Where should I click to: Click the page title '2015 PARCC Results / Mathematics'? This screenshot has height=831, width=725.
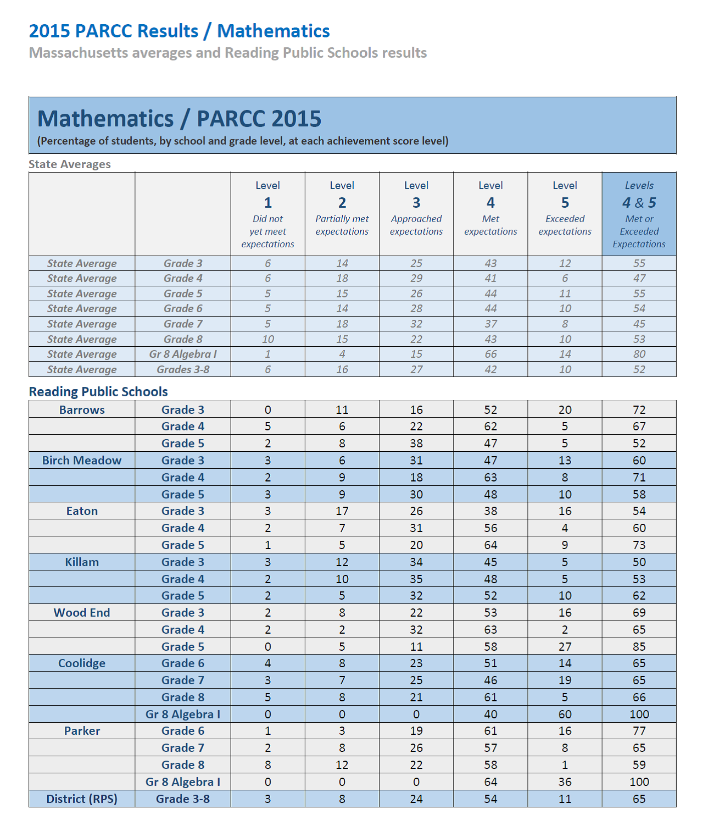(x=179, y=31)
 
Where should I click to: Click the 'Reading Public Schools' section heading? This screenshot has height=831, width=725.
(x=98, y=392)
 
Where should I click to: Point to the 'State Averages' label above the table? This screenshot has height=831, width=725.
(x=70, y=164)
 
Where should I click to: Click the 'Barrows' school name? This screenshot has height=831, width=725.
(x=82, y=410)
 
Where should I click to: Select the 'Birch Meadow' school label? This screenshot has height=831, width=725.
(x=82, y=461)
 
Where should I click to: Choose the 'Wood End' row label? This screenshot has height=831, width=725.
(x=82, y=613)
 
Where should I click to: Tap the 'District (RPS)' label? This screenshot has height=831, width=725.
(x=82, y=799)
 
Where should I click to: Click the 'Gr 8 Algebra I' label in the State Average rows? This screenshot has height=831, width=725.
(x=183, y=354)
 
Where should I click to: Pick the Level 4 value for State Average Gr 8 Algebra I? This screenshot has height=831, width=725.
(x=490, y=354)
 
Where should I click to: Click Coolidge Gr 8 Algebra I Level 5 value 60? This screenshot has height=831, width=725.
(x=565, y=714)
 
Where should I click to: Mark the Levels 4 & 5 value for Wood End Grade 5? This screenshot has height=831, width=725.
(x=639, y=647)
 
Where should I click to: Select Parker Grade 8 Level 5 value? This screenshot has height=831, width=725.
(x=565, y=765)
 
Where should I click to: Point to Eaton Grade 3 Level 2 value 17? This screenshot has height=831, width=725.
(x=342, y=511)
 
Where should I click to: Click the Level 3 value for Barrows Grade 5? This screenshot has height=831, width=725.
(x=416, y=444)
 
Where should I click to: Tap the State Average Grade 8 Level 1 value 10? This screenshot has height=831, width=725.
(x=267, y=340)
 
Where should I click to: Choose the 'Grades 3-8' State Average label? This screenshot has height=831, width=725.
(x=183, y=370)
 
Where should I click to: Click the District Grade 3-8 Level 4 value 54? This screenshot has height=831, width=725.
(x=490, y=799)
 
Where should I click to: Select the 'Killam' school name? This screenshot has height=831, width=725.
(x=82, y=562)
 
